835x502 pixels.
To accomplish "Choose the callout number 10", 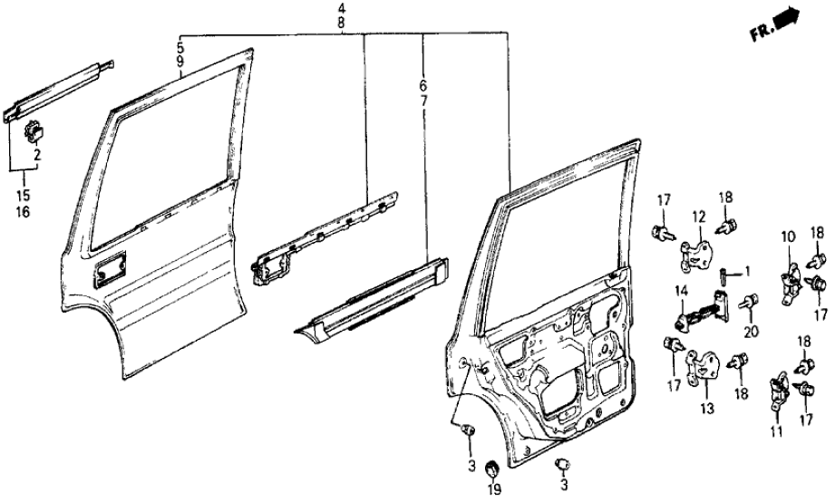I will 787,237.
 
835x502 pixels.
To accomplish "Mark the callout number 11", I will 777,432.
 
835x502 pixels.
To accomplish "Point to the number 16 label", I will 21,212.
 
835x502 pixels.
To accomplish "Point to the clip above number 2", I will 35,130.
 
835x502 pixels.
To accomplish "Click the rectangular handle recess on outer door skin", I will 112,269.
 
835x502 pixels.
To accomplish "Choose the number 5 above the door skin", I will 181,44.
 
